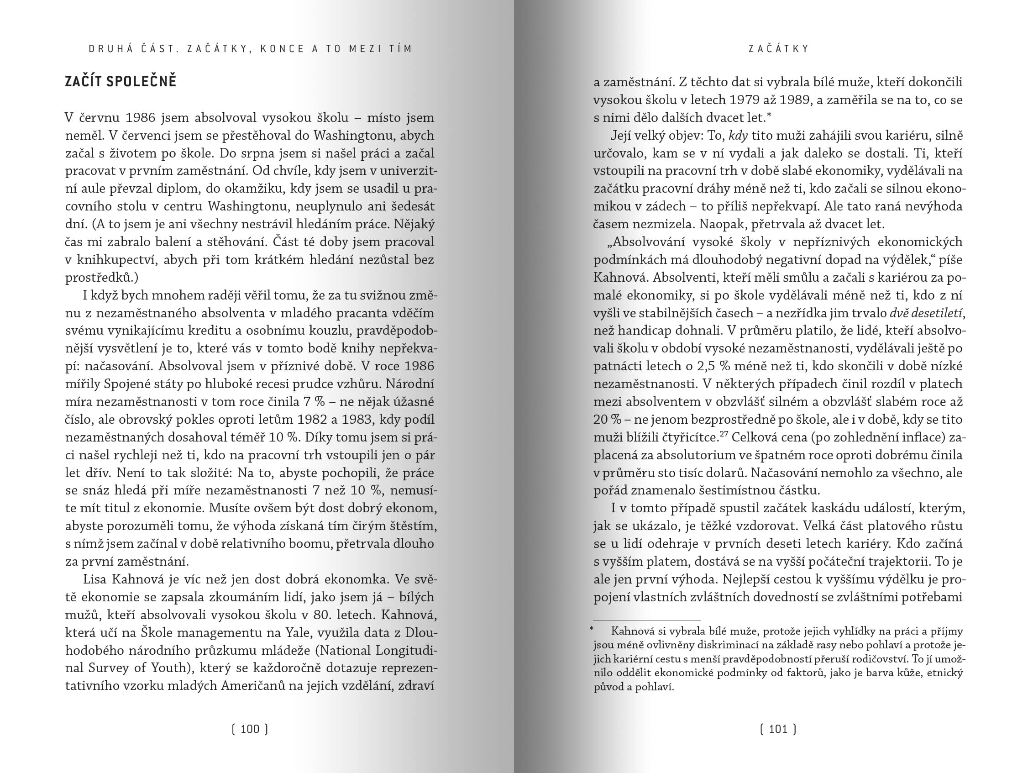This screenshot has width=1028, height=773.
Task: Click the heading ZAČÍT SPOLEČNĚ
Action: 121,81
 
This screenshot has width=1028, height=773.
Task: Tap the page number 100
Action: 250,729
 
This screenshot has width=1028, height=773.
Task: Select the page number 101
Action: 778,729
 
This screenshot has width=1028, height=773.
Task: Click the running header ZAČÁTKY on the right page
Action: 779,49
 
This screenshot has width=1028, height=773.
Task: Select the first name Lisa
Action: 95,579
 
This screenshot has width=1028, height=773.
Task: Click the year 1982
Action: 314,419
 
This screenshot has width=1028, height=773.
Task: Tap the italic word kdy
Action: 738,136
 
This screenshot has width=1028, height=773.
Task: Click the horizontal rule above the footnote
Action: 646,621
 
